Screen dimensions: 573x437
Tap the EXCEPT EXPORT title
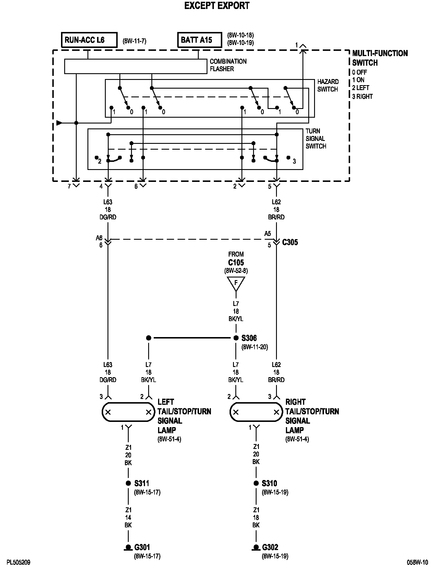coord(217,6)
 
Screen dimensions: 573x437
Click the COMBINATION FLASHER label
coord(228,65)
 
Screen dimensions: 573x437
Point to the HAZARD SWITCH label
coord(328,85)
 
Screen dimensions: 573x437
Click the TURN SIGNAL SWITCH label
coord(316,139)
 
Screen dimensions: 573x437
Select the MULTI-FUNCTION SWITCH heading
coord(379,58)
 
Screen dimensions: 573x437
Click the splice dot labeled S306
coord(236,338)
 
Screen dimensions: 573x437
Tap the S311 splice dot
coord(128,483)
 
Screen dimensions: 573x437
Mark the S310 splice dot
coord(256,483)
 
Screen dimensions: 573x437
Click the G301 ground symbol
coord(128,548)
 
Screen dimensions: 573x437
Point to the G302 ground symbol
coord(256,548)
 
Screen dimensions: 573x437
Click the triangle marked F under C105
coord(236,283)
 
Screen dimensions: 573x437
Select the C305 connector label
coord(290,242)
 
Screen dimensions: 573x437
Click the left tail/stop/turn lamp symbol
coord(128,412)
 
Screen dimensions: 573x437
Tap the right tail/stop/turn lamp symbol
coord(256,412)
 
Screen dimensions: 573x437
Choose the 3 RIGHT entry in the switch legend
coord(362,96)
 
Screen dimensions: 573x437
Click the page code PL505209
coord(18,563)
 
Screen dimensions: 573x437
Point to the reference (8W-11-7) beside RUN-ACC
coord(135,41)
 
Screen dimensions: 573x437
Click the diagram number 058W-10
coord(417,563)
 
